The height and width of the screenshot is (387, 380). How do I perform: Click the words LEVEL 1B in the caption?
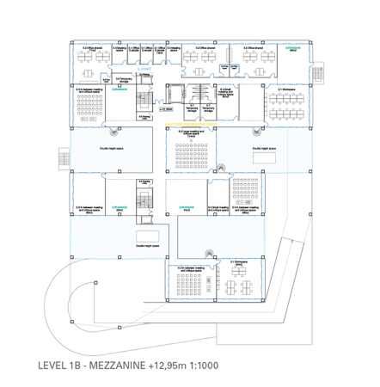coord(61,365)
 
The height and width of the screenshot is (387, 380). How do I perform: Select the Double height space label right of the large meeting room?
coord(262,148)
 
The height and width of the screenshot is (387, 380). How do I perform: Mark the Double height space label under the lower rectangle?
coord(146,246)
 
